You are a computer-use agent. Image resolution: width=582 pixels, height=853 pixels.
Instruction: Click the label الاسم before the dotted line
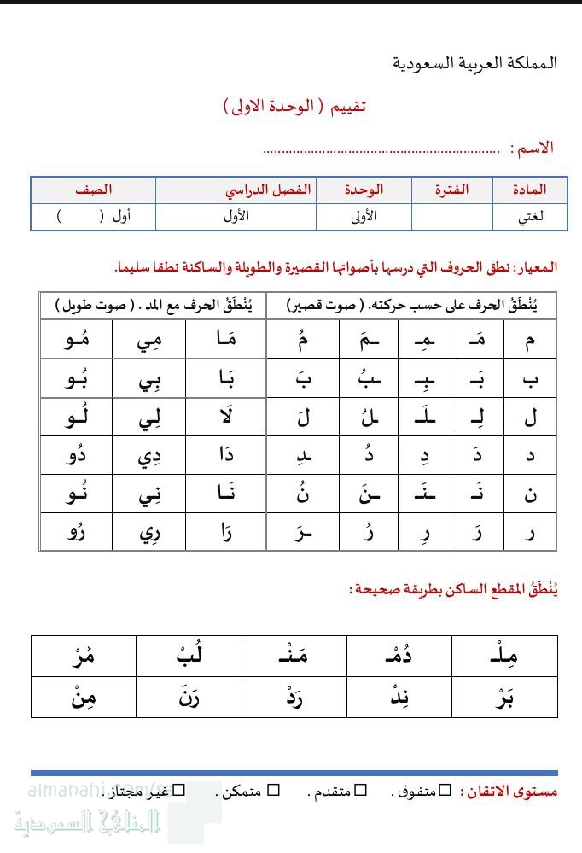point(532,148)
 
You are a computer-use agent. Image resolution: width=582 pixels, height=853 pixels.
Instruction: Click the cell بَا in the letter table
point(230,379)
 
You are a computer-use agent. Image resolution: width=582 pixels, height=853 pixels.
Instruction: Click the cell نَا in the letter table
point(230,494)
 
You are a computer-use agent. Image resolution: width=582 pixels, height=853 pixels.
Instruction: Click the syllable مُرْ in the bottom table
point(82,657)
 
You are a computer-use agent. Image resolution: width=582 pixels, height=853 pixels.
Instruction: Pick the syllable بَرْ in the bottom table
point(505,697)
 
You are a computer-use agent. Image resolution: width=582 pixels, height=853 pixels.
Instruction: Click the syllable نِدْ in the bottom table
point(399,697)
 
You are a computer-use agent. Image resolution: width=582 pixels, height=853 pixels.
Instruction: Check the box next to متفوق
point(444,791)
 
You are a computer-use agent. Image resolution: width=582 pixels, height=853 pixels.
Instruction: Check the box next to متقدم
point(360,791)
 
